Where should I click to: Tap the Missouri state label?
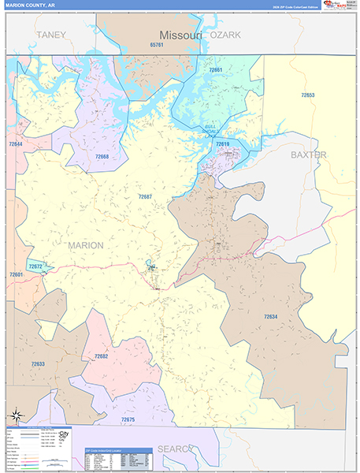[x=181, y=35]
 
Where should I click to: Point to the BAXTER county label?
[x=308, y=155]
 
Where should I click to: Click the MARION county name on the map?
[x=85, y=245]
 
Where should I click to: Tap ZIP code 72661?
[x=215, y=70]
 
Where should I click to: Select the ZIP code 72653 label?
[x=307, y=95]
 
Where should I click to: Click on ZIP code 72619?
[x=222, y=143]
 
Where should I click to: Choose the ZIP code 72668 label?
[x=101, y=156]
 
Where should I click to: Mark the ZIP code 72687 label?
[x=145, y=196]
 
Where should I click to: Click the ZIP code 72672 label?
[x=35, y=266]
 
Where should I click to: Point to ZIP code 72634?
[x=270, y=317]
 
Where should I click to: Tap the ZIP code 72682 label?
[x=101, y=356]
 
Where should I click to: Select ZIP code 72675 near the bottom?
[x=128, y=419]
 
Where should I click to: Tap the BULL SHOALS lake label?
[x=210, y=130]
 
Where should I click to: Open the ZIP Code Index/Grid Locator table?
[x=118, y=458]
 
